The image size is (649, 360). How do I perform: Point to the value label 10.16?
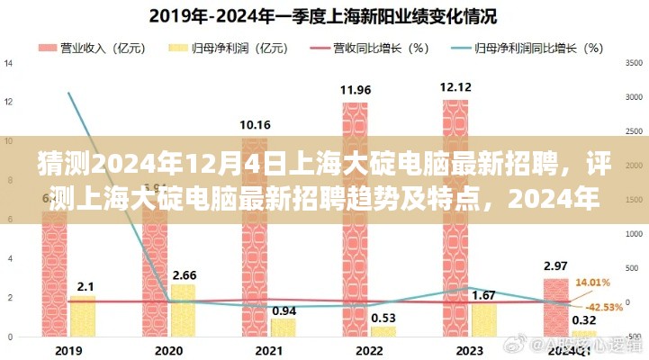pyautogui.click(x=255, y=124)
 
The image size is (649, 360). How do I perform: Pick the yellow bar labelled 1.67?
pyautogui.click(x=483, y=320)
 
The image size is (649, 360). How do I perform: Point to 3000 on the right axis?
pyautogui.click(x=634, y=97)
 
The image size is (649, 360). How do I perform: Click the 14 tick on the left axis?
pyautogui.click(x=8, y=63)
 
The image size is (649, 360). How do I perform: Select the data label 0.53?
pyautogui.click(x=383, y=318)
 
